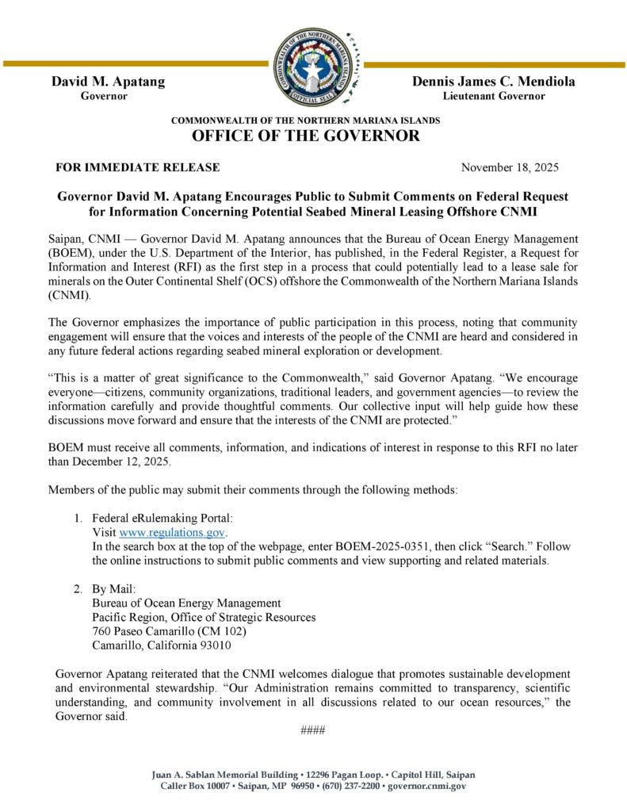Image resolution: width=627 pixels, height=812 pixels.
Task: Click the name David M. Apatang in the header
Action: coord(108,81)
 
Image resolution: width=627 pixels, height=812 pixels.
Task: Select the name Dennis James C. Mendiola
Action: coord(493,81)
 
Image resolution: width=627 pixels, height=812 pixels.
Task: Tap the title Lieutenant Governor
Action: coord(493,96)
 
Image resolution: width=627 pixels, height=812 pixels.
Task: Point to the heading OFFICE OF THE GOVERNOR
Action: coord(306,136)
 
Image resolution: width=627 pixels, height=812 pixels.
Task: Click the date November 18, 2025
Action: coord(510,167)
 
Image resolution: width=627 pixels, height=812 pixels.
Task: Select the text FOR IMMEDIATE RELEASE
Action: coord(137,167)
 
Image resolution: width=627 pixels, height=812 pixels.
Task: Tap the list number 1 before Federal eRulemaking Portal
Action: coord(78,518)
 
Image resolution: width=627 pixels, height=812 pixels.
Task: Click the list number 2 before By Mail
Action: coord(78,589)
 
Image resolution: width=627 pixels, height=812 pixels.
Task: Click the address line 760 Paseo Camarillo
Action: coord(169,631)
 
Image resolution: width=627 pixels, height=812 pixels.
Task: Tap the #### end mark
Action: coord(313,730)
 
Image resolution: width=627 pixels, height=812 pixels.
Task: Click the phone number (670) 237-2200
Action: coord(347,786)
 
